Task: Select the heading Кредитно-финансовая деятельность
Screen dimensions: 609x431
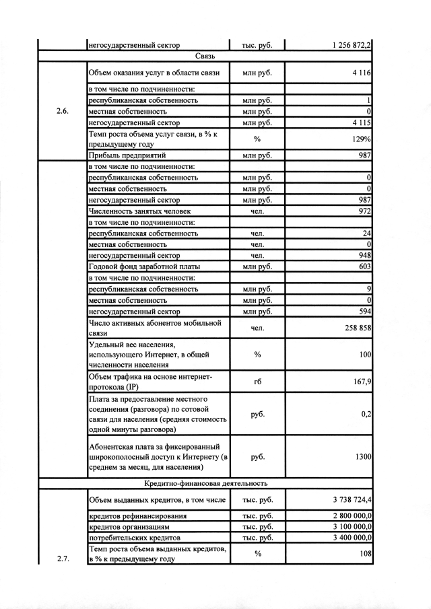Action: pyautogui.click(x=205, y=483)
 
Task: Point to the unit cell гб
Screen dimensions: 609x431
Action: pyautogui.click(x=257, y=382)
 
